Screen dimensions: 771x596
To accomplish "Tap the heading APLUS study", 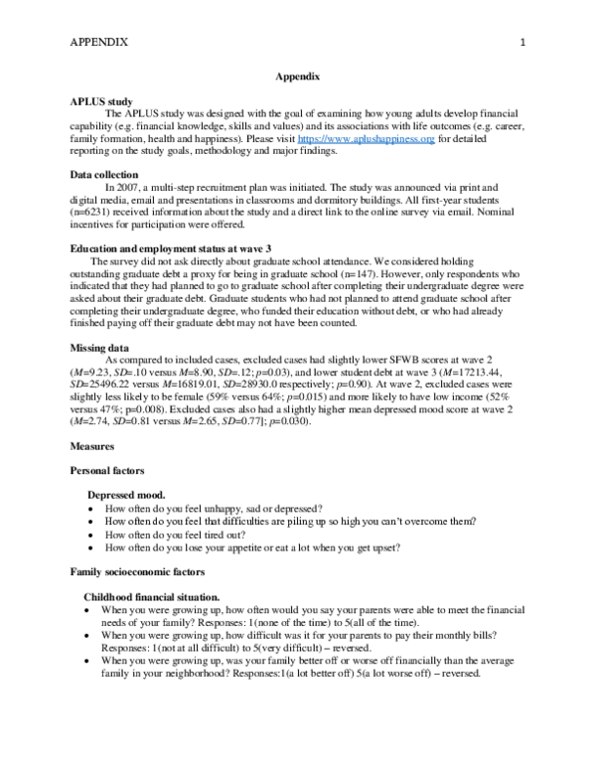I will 102,102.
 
